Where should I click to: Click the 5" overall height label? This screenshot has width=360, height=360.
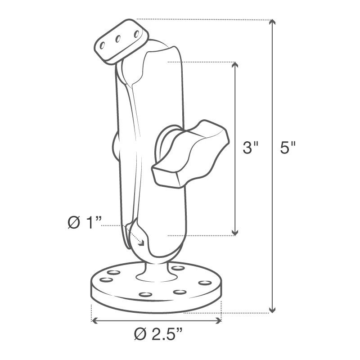pyautogui.click(x=287, y=148)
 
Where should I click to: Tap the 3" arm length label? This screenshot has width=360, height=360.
pyautogui.click(x=250, y=148)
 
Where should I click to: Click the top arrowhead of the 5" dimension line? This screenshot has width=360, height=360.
pyautogui.click(x=272, y=22)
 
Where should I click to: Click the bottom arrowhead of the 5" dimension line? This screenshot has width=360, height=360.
pyautogui.click(x=272, y=309)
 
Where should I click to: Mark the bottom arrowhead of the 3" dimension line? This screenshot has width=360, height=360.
pyautogui.click(x=234, y=232)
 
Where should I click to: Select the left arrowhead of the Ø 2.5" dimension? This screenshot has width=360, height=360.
pyautogui.click(x=94, y=320)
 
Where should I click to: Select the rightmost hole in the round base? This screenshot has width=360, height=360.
pyautogui.click(x=205, y=283)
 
